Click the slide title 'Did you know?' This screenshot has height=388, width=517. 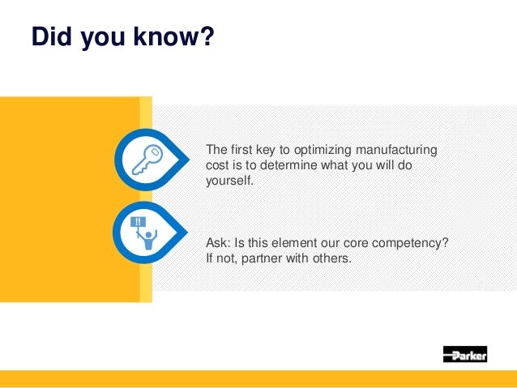pos(122,38)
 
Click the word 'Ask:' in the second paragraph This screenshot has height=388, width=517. pos(218,244)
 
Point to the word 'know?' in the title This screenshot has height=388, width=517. pos(173,38)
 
